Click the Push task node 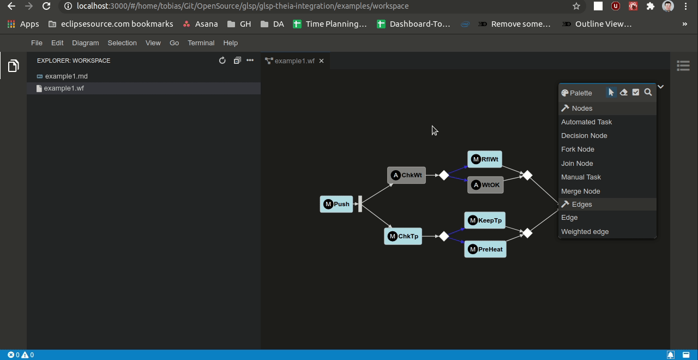pos(336,204)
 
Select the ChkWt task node pos(406,175)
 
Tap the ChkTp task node pos(403,236)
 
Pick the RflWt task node pos(485,159)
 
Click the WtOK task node pos(485,185)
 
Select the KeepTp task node pos(485,220)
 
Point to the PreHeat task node pos(485,249)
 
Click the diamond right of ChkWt pos(444,175)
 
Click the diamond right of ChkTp pos(444,236)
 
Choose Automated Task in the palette pos(586,122)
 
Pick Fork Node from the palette pos(577,149)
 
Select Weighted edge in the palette pos(585,232)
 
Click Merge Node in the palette pos(580,191)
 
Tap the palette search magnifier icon pos(648,93)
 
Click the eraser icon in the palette pos(623,93)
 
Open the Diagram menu pos(85,43)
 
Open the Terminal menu pos(201,43)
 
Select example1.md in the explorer pos(66,76)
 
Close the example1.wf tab pos(321,61)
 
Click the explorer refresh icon pos(222,61)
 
